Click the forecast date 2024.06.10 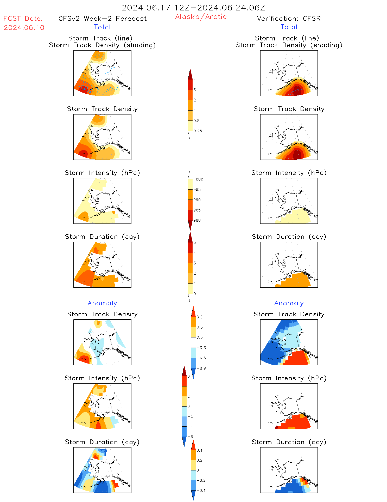(x=24, y=28)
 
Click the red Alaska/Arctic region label (x=201, y=17)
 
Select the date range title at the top (x=193, y=8)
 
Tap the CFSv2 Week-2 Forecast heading (x=102, y=19)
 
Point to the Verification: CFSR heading (x=289, y=19)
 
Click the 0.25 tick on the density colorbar (x=198, y=131)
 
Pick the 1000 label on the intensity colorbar (x=198, y=179)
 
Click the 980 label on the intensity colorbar (x=197, y=220)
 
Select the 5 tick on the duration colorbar (x=195, y=243)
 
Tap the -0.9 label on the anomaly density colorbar (x=201, y=368)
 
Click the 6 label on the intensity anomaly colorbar (x=188, y=376)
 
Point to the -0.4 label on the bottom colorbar (x=201, y=490)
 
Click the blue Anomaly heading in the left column (x=102, y=303)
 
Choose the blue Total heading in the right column (x=289, y=27)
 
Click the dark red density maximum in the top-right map (x=297, y=91)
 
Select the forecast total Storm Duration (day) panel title (x=102, y=237)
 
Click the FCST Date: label (x=23, y=19)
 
